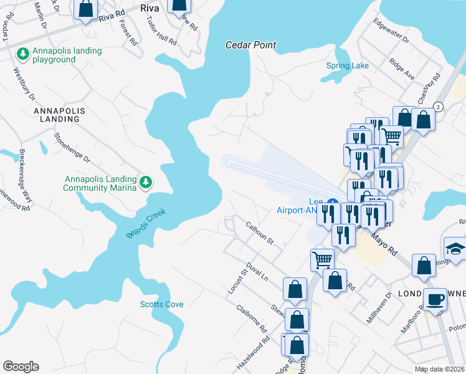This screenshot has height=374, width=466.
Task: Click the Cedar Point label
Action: (x=250, y=45)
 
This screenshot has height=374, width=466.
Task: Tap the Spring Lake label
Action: (x=348, y=65)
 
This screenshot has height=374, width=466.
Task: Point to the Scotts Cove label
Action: (x=161, y=304)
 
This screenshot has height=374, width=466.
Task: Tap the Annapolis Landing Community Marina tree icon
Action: (x=146, y=182)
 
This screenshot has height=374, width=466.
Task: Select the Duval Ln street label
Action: (x=257, y=272)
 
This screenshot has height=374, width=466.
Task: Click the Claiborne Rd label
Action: (x=252, y=319)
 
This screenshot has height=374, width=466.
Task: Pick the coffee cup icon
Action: (x=435, y=299)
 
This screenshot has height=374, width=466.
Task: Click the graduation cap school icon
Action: (x=455, y=248)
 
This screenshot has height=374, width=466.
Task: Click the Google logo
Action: (x=21, y=367)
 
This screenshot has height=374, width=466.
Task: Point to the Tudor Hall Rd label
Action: (x=161, y=30)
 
